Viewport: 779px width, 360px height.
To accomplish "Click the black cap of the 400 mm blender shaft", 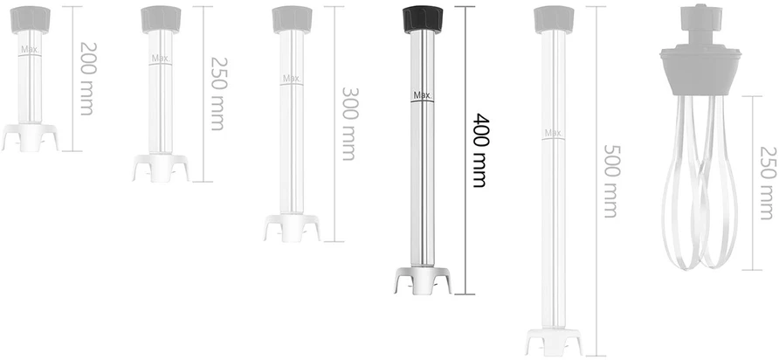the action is pos(423,19).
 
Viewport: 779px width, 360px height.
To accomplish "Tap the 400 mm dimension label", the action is pos(479,150).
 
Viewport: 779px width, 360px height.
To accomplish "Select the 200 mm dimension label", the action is pos(87,79).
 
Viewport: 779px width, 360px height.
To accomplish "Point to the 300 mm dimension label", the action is pos(349,124).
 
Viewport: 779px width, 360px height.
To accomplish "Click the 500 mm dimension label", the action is pos(611,181).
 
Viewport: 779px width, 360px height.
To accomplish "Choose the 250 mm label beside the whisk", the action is pos(768,183).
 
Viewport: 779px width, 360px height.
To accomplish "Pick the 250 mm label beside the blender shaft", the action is pos(218,93).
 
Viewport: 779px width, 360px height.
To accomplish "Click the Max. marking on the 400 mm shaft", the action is pos(423,95).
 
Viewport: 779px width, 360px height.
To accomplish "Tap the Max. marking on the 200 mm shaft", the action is pos(30,49).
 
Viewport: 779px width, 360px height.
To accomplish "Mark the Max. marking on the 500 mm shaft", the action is pos(553,133).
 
